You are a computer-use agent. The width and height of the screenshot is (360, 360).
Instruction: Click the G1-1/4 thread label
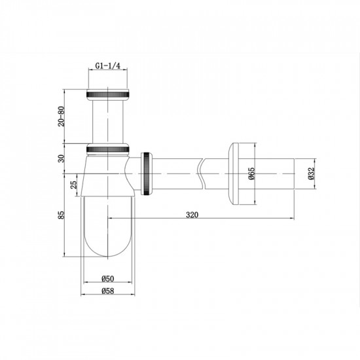click(x=108, y=67)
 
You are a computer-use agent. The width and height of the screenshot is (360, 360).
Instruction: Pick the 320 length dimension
click(x=192, y=214)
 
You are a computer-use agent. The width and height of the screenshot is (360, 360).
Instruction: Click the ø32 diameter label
click(x=312, y=173)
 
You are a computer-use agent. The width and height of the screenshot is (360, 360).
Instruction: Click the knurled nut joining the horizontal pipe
click(x=148, y=173)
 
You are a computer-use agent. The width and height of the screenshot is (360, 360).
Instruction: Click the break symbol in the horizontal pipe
click(x=202, y=173)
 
